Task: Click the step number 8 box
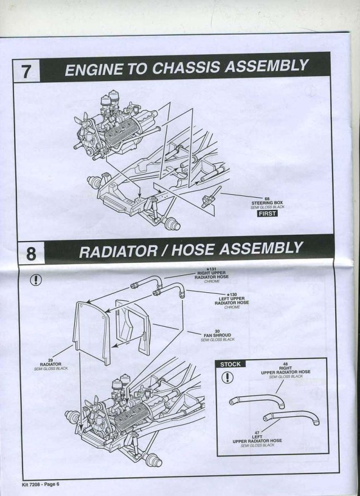[31, 253]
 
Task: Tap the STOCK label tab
[231, 364]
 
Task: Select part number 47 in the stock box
[258, 432]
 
